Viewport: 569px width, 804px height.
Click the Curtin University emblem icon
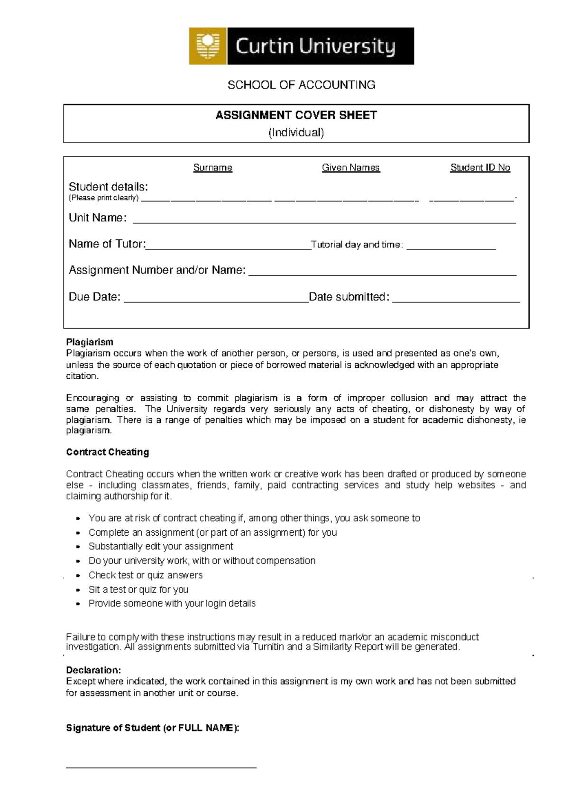point(208,46)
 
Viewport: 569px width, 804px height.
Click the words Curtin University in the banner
point(315,47)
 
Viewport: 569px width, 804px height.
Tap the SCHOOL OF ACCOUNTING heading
point(301,85)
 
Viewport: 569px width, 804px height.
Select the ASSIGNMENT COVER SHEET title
point(296,115)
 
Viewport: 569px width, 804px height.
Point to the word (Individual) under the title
point(296,132)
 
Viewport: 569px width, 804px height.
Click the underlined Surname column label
point(212,168)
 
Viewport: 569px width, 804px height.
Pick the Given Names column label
point(350,168)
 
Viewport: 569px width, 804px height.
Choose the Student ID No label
point(480,168)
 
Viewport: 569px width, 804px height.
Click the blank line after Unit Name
point(324,221)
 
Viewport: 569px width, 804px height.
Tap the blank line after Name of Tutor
point(228,247)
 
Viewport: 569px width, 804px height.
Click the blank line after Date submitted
point(456,300)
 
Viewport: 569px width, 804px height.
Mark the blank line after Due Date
point(216,300)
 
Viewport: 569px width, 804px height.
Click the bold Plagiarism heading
point(90,342)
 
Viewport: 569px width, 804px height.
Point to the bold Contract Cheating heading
point(107,452)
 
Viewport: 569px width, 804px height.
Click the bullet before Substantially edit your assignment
point(79,547)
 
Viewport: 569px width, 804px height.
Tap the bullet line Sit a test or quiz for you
point(138,590)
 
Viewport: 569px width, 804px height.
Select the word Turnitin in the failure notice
point(268,647)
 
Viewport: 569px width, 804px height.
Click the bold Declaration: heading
point(93,670)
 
